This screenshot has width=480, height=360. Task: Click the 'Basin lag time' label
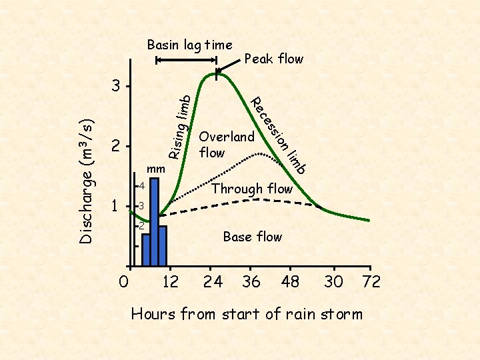[189, 45]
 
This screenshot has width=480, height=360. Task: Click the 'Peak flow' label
[274, 59]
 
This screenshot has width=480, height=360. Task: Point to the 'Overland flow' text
[227, 145]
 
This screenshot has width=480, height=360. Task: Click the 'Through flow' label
[252, 189]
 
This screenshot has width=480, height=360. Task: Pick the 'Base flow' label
[252, 237]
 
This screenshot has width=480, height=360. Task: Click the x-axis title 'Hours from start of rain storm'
[247, 313]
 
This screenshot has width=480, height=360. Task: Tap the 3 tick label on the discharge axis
[117, 87]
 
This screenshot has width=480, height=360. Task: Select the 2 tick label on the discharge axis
[117, 146]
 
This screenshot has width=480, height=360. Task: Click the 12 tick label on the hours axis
[171, 282]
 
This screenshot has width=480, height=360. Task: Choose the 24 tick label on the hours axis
[213, 282]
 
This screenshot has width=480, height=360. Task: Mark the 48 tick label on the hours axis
[291, 282]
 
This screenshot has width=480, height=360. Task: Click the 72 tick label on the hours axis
[371, 282]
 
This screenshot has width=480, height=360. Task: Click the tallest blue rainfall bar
[155, 220]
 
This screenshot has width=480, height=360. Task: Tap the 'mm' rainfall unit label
[155, 169]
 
